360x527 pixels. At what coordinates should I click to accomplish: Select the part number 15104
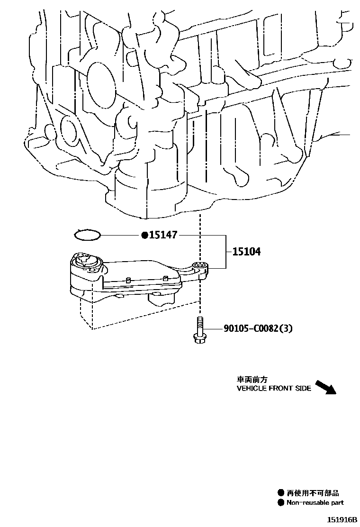coord(246,252)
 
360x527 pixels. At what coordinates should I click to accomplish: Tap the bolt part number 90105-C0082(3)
coord(258,328)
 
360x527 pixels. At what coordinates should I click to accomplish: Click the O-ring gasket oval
coord(88,234)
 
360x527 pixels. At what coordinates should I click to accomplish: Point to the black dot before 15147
coord(144,235)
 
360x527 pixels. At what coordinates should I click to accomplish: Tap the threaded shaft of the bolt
coord(199,325)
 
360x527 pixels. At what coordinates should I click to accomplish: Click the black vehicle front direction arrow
coord(325,387)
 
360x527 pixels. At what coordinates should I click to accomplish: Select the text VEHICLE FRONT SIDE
coord(274,389)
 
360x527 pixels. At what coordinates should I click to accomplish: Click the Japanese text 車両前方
coord(252,380)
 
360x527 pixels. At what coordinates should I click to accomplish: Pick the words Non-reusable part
coord(315,502)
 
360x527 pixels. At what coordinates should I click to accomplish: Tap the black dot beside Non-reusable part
coord(281,502)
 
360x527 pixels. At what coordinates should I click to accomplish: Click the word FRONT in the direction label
coord(282,389)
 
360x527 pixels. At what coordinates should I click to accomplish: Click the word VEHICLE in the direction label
coord(252,389)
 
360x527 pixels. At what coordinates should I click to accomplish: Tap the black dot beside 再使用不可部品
coord(281,493)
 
